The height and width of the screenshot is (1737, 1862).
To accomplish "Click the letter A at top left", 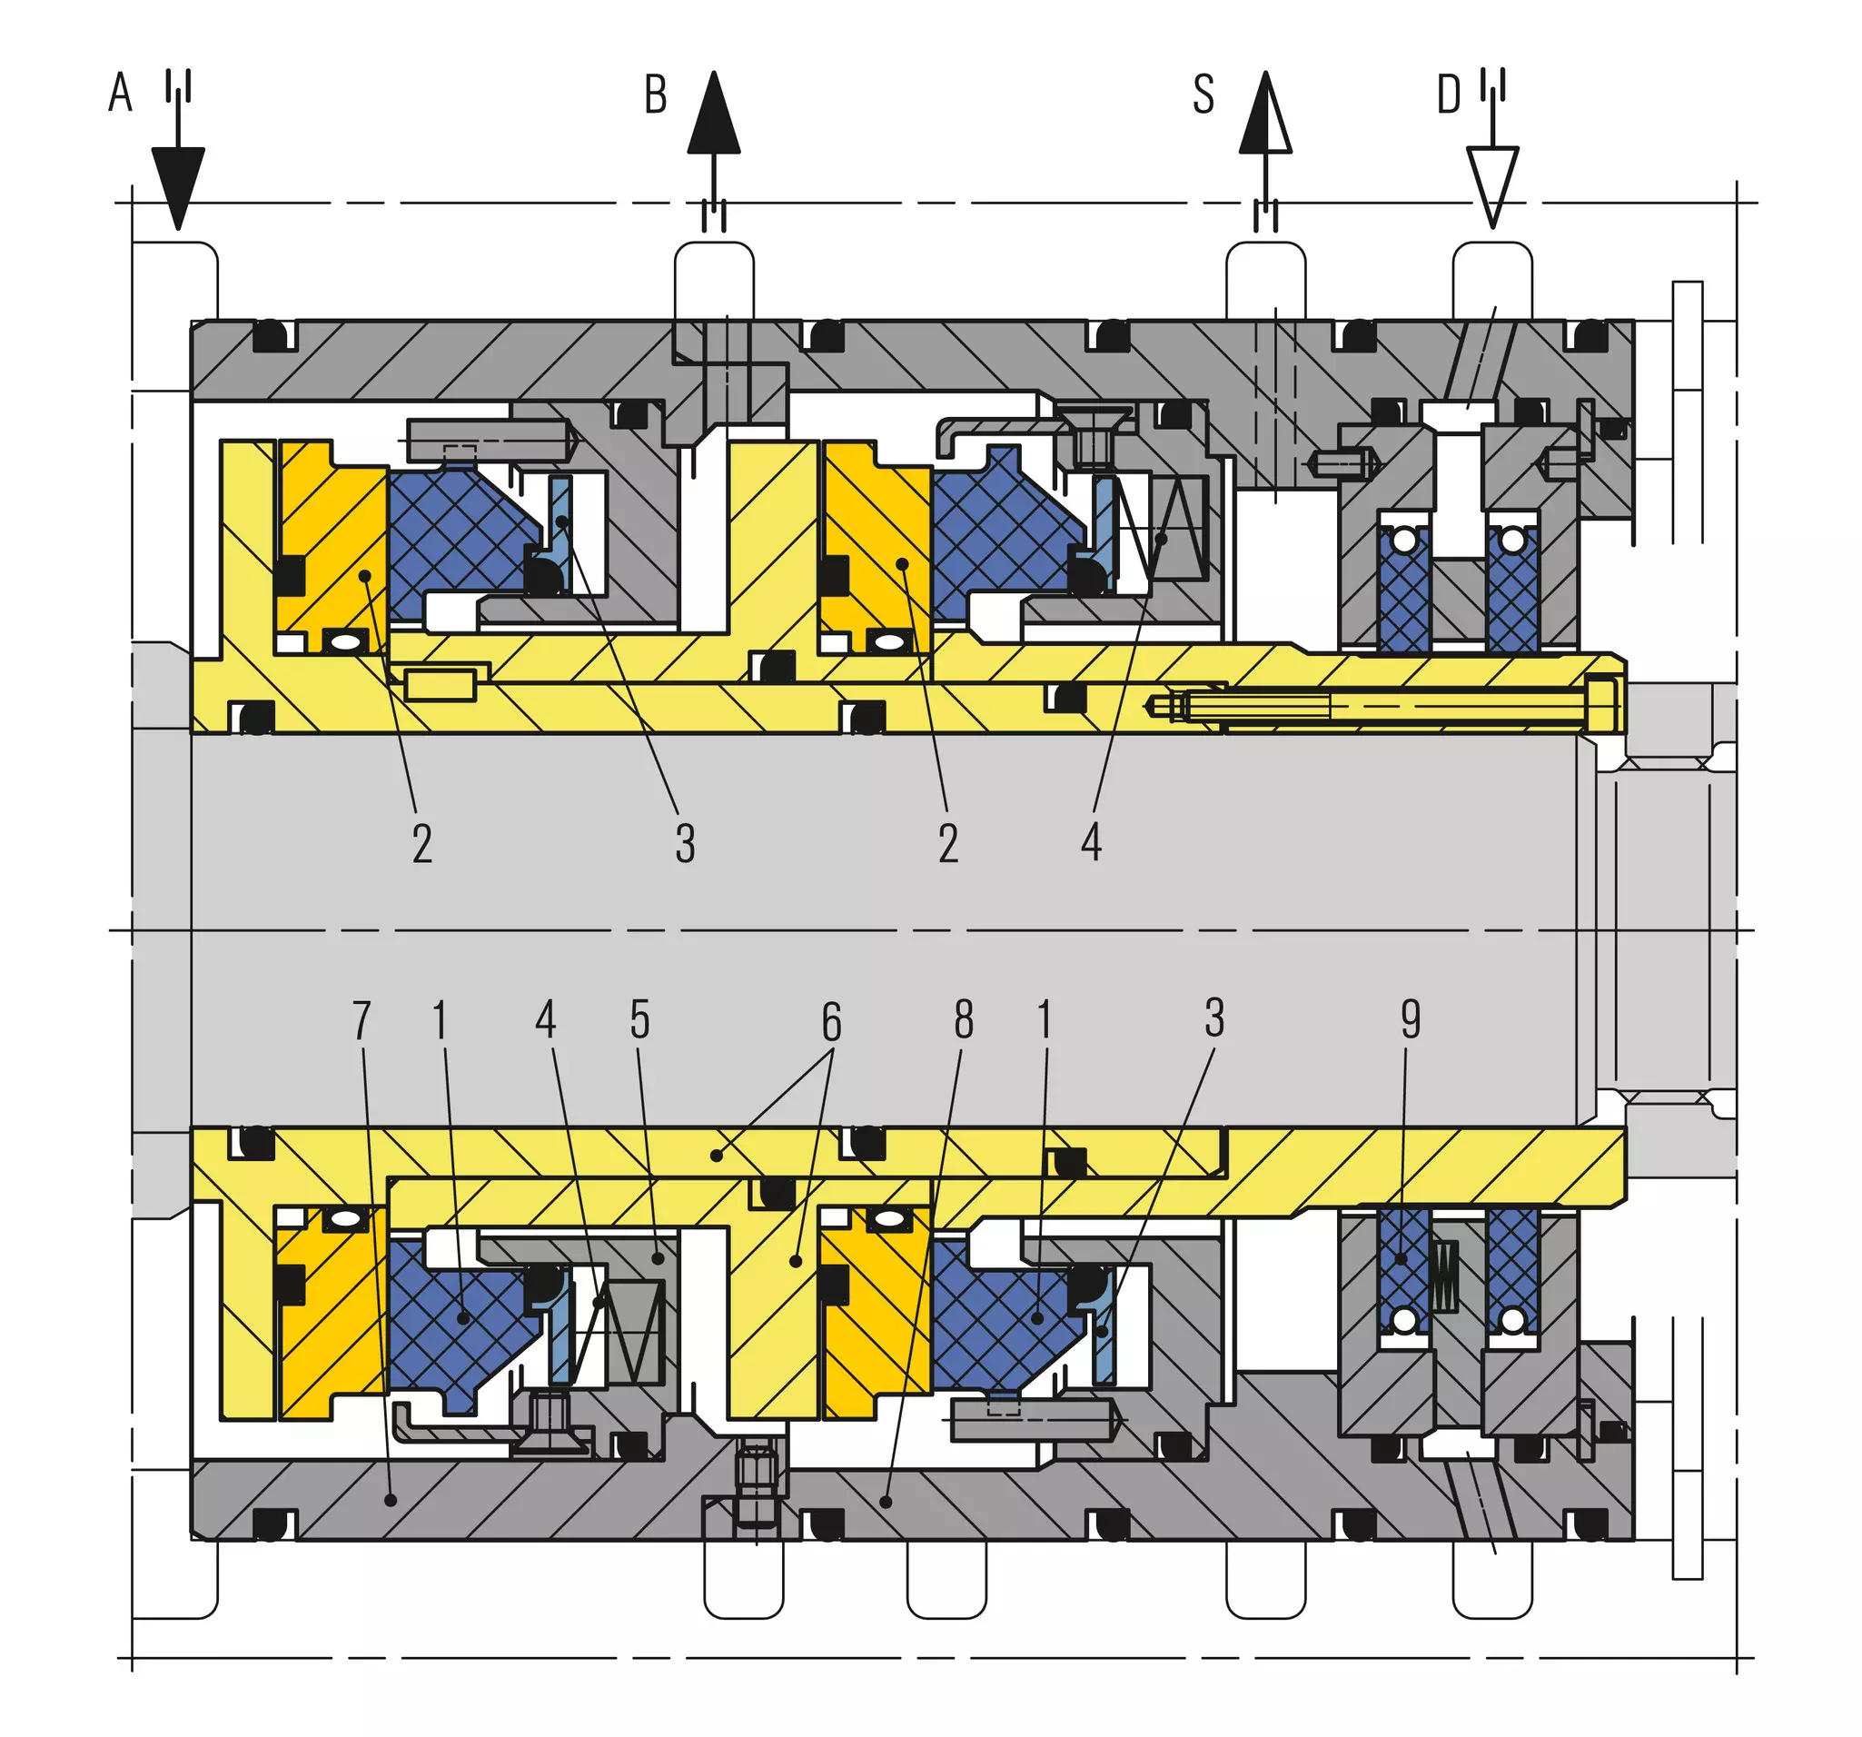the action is (x=120, y=93).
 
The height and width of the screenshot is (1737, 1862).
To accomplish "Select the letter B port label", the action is (x=656, y=94).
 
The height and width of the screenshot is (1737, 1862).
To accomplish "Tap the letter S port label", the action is (x=1203, y=94).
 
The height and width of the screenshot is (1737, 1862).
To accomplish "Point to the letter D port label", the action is (x=1449, y=94).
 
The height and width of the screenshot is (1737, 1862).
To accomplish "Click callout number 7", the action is (x=362, y=1020).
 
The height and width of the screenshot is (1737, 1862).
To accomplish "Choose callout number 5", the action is (x=639, y=1019).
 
